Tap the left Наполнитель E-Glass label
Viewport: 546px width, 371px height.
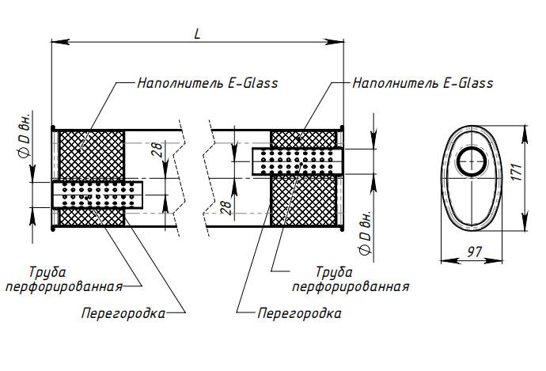(x=207, y=82)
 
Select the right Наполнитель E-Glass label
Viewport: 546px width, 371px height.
(x=423, y=82)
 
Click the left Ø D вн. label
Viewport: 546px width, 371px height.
(x=24, y=138)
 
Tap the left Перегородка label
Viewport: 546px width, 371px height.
(x=123, y=313)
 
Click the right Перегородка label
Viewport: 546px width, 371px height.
(x=299, y=313)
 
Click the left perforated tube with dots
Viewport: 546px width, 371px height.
(x=97, y=195)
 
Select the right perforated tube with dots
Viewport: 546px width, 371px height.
(x=298, y=160)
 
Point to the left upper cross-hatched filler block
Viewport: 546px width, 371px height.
(x=92, y=154)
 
